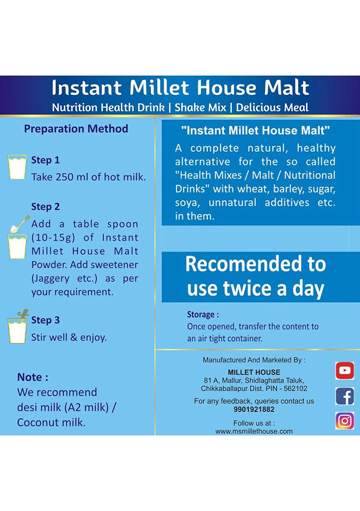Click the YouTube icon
pos(344,370)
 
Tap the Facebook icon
pos(344,396)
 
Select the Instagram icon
pos(344,421)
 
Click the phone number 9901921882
pos(254,409)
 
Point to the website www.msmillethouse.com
pos(254,431)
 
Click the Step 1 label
pos(45,160)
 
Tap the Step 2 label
pos(45,206)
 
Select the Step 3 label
pos(45,320)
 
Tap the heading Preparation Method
pos(76,129)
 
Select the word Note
pos(32,377)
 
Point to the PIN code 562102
pos(294,388)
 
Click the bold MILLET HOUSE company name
pos(254,372)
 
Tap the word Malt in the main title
pos(286,88)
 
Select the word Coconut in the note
pos(36,422)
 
